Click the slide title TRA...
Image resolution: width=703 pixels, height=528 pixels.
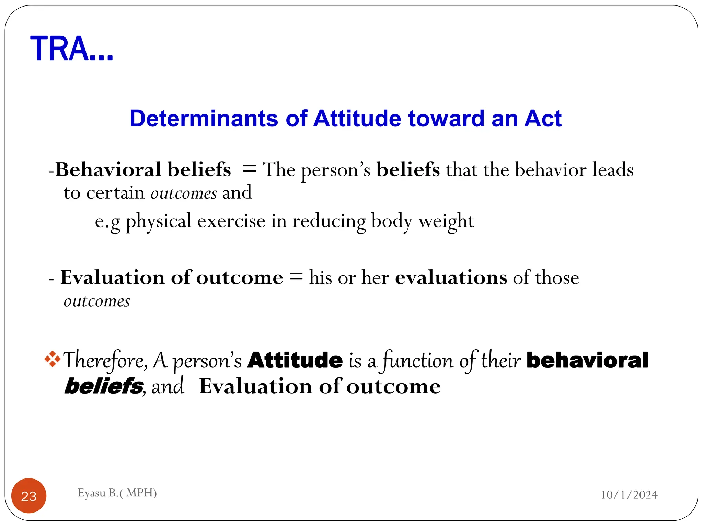click(x=71, y=49)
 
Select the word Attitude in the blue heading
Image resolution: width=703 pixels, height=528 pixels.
click(x=357, y=119)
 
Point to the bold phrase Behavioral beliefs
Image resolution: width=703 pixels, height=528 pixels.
click(x=143, y=169)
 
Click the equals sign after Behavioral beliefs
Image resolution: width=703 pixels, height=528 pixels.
click(x=249, y=169)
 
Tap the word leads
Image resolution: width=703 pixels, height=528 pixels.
click(x=613, y=169)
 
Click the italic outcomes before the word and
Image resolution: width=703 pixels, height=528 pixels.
click(x=184, y=193)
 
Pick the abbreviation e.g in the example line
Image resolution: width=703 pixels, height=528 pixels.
click(x=107, y=222)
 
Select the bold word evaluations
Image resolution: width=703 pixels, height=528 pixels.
click(x=451, y=277)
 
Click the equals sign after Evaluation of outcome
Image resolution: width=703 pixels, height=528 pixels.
click(x=296, y=276)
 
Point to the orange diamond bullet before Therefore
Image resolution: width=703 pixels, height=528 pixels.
click(x=53, y=359)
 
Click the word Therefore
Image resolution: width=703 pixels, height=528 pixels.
click(x=105, y=361)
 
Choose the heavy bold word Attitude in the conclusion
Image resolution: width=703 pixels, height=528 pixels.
click(x=295, y=360)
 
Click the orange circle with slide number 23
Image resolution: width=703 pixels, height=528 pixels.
click(x=29, y=496)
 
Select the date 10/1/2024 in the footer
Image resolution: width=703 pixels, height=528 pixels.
click(x=629, y=495)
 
